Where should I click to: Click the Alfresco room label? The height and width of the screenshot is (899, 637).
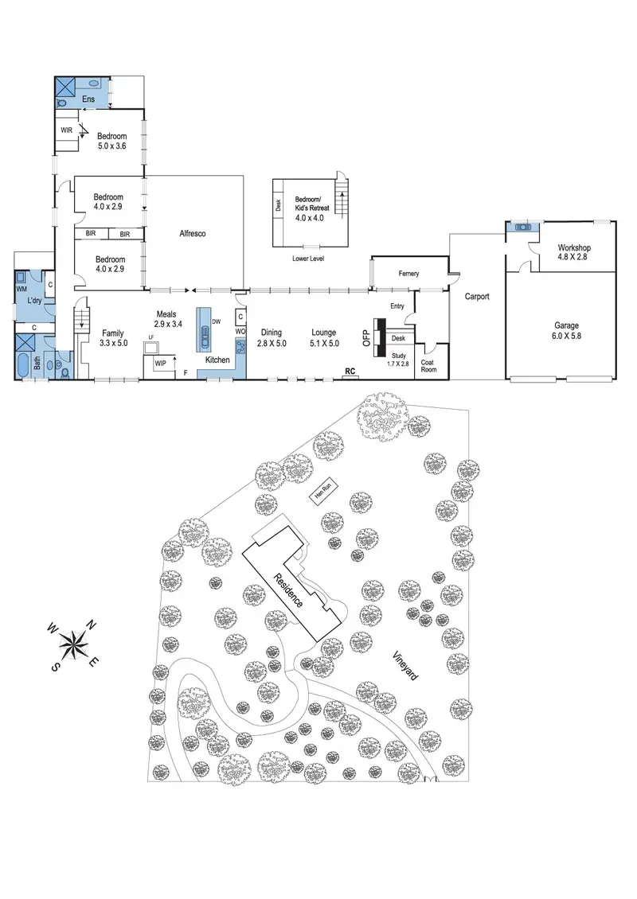click(193, 233)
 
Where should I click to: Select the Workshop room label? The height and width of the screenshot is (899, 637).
click(573, 253)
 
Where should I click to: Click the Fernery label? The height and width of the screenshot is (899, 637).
click(404, 274)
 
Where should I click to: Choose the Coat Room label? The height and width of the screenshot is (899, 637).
click(428, 364)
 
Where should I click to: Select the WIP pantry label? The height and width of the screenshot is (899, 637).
click(160, 364)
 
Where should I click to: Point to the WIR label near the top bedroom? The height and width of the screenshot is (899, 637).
click(67, 130)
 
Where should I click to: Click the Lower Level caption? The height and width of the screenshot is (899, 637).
click(307, 259)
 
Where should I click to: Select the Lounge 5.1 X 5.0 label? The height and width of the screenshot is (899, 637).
click(324, 337)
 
